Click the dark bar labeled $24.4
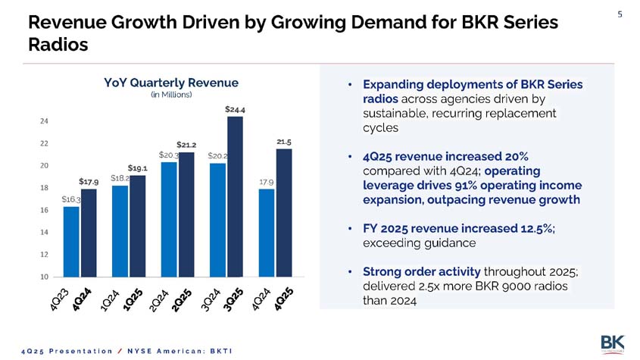click(x=235, y=197)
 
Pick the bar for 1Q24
click(x=120, y=231)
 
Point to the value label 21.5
click(x=284, y=142)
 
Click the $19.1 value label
click(x=137, y=167)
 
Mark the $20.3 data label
click(x=167, y=155)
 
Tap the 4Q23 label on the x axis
click(x=60, y=301)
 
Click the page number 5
click(x=620, y=13)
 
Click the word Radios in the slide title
click(x=58, y=45)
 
